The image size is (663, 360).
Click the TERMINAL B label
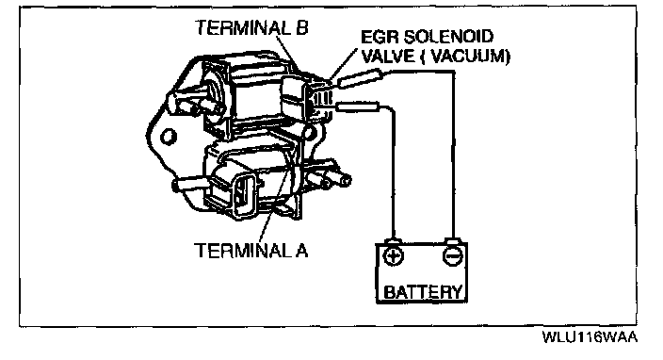click(x=251, y=28)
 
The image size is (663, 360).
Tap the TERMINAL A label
click(x=251, y=250)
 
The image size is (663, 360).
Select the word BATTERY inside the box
click(x=423, y=292)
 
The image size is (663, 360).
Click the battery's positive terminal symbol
click(x=393, y=256)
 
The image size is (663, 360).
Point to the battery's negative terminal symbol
click(x=452, y=256)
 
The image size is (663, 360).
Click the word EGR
click(x=380, y=37)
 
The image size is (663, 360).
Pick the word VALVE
click(x=388, y=56)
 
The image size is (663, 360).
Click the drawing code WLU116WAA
click(x=590, y=337)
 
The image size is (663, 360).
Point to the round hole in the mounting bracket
click(x=169, y=137)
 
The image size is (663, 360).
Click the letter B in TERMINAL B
click(x=302, y=28)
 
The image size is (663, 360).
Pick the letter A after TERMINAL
click(x=302, y=250)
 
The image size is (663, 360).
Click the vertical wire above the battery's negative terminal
click(x=453, y=155)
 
